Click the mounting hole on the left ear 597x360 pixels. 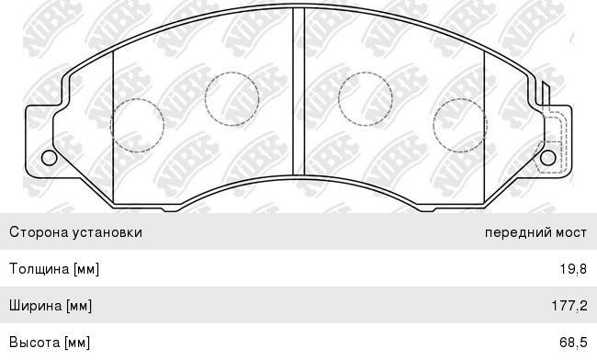pos(49,158)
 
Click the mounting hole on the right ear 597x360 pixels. pos(548,158)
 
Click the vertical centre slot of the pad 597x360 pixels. pos(298,91)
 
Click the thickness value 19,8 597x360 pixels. pos(573,269)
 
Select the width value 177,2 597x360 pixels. pos(569,306)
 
